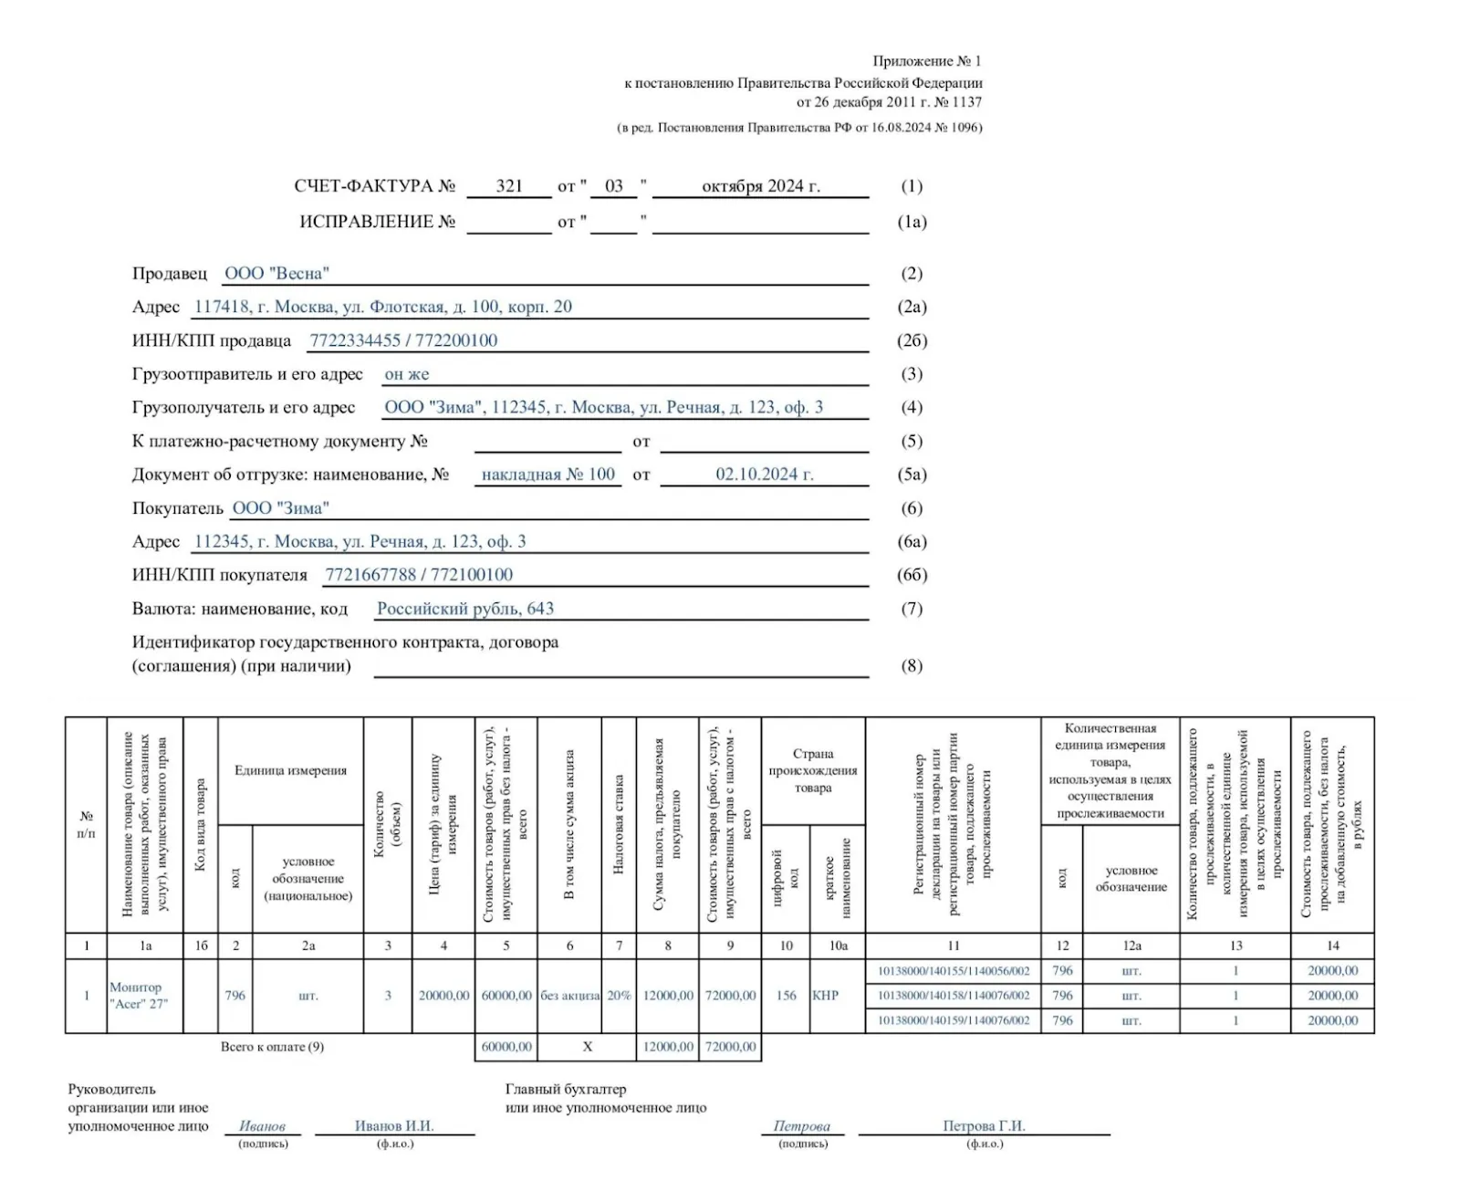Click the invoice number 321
[509, 186]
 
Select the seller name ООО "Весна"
[276, 273]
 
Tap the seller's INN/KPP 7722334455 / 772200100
[403, 340]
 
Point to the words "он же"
[407, 374]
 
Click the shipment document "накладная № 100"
[548, 475]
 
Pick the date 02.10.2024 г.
[764, 475]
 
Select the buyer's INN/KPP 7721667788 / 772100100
[419, 575]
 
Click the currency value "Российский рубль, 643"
[465, 609]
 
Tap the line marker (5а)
[912, 475]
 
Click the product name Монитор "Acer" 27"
[138, 996]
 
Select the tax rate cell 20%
[619, 996]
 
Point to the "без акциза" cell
[569, 996]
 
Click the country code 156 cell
[786, 996]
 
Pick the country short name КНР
[825, 996]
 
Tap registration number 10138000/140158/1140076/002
[954, 996]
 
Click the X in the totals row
[588, 1047]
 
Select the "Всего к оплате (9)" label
[272, 1047]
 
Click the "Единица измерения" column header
[290, 770]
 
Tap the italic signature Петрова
[802, 1127]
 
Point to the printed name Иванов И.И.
[394, 1126]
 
